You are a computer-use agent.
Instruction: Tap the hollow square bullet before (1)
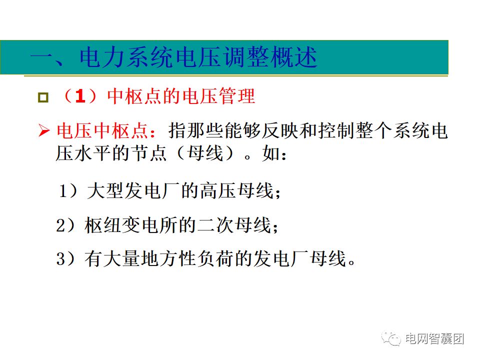point(43,96)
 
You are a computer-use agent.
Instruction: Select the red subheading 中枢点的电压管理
point(181,96)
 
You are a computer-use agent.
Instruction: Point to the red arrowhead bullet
point(44,131)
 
